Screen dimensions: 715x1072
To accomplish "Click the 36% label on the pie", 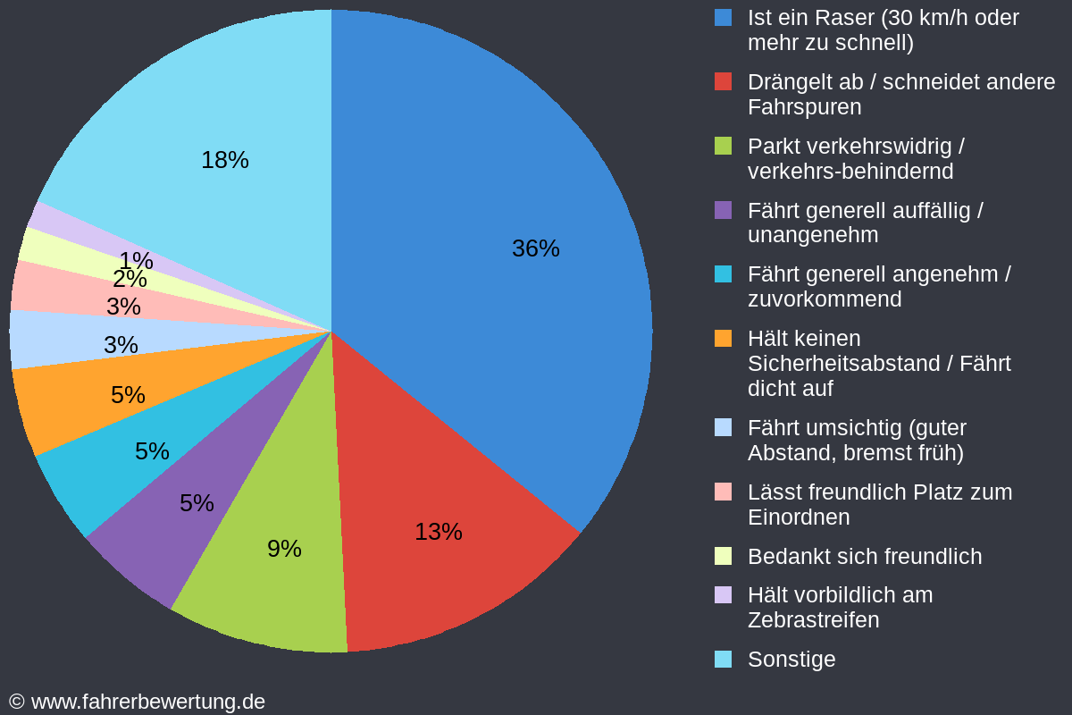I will coord(535,248).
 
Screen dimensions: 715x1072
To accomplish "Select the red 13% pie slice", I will coord(447,500).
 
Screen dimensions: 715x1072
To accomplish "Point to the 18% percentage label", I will coord(224,160).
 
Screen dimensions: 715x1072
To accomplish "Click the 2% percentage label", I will coord(130,279).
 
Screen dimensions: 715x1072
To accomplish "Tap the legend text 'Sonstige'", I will coord(791,660).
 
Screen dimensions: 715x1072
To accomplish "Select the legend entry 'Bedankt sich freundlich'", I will coord(864,556).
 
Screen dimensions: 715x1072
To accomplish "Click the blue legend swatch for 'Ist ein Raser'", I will coord(724,17).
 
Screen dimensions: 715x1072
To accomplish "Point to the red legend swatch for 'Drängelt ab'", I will coord(724,81).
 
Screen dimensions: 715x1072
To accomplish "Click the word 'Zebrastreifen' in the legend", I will coord(813,619).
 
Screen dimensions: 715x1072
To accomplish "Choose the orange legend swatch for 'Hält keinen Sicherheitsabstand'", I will coord(724,339).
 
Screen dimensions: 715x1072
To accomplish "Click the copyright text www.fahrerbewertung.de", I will coord(147,702).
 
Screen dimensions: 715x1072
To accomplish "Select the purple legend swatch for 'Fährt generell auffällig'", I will coord(724,210).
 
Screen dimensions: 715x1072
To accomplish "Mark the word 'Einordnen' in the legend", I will coord(798,517).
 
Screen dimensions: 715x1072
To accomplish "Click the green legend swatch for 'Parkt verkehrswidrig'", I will coord(724,146).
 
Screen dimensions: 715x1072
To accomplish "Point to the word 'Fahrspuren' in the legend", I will coord(804,106).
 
